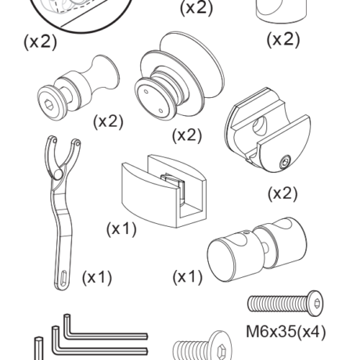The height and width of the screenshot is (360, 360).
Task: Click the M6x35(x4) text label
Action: pos(286,332)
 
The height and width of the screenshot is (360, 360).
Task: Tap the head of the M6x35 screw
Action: pos(316,303)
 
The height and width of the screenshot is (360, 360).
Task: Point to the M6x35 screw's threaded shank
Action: pos(279,303)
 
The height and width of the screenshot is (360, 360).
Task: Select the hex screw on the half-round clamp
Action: pos(285,162)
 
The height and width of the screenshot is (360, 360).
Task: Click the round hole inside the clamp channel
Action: pos(260,126)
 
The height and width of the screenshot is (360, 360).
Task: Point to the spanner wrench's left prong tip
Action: pos(53,139)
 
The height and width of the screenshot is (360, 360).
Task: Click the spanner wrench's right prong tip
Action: pos(77,142)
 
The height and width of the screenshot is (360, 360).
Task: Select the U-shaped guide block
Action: pos(164,191)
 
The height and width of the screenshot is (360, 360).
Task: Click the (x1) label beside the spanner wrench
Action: pos(97,277)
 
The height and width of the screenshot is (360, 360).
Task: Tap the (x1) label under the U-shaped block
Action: pos(121,229)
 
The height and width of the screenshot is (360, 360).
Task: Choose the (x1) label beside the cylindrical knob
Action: pos(187,277)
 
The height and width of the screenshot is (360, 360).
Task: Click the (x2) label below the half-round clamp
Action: pos(283,193)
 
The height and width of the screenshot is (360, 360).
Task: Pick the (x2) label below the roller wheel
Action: pos(187,135)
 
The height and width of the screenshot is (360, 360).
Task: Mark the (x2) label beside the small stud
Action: pos(108,121)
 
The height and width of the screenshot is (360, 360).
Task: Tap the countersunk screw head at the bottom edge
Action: pos(221,347)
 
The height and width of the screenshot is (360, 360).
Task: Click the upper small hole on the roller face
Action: pos(146,92)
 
